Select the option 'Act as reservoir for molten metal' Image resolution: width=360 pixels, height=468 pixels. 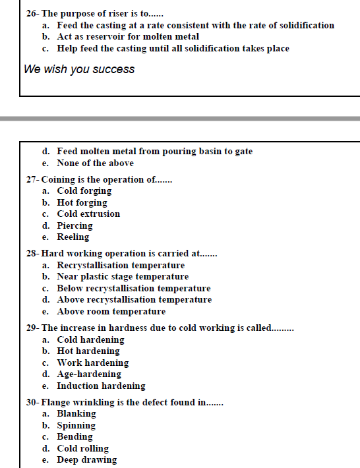tap(128, 37)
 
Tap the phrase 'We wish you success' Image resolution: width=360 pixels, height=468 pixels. tap(79, 69)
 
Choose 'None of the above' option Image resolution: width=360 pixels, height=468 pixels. tap(95, 163)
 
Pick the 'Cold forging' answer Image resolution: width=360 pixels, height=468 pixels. tap(84, 191)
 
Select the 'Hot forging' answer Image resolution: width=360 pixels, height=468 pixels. tap(82, 202)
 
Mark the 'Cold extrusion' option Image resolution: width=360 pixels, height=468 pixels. tap(88, 214)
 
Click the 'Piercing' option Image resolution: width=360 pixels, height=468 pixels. tap(75, 225)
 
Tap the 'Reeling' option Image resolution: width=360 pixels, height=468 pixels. tap(73, 237)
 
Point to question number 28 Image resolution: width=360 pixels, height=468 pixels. tap(32, 253)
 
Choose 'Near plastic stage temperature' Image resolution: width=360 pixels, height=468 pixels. tap(123, 277)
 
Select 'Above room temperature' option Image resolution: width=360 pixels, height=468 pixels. tap(111, 311)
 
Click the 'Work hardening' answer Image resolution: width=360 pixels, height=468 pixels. tap(92, 363)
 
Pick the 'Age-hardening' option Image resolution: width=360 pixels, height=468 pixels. tap(89, 374)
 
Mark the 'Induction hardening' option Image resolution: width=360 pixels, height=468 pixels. tap(101, 386)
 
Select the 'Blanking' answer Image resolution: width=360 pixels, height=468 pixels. tap(76, 414)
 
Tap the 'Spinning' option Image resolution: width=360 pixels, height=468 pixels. tap(76, 425)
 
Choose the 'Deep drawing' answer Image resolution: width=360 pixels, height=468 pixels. tap(86, 460)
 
